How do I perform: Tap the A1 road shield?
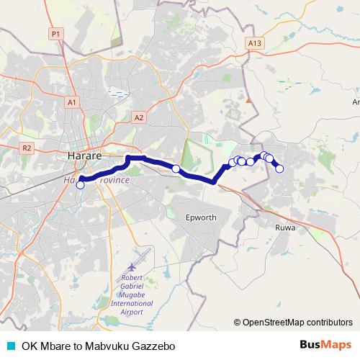click(72, 103)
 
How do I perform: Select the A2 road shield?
click(139, 117)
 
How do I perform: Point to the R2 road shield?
click(27, 148)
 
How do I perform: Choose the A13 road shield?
click(253, 43)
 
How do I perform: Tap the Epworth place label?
click(201, 217)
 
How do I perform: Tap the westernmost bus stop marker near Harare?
click(80, 185)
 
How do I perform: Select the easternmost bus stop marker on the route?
click(280, 169)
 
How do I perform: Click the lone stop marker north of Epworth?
click(176, 168)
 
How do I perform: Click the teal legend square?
click(10, 346)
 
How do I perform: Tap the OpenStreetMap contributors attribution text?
click(296, 323)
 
